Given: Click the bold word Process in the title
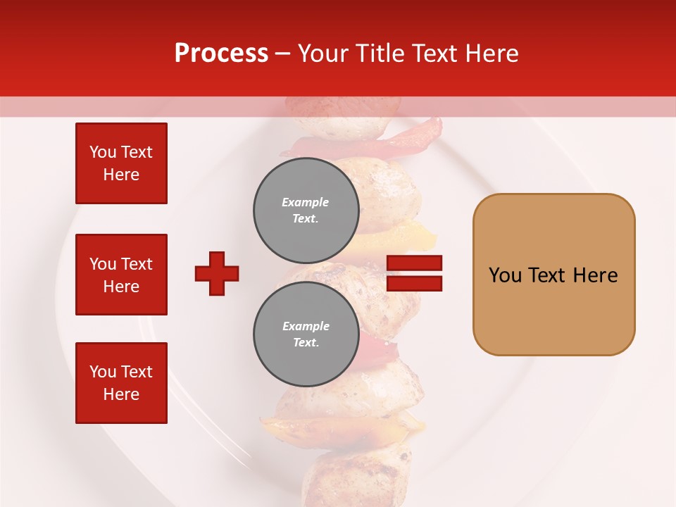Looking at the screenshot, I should tap(221, 54).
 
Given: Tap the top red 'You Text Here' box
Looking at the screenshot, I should tap(121, 163).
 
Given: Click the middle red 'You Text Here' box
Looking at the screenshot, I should tap(121, 275).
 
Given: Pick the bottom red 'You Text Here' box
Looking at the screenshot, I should tap(121, 383).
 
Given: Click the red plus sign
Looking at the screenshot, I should tap(217, 273).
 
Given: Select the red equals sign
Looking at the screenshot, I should tap(414, 273).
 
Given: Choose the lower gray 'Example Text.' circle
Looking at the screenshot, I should tap(306, 334).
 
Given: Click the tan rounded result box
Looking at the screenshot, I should tap(553, 275).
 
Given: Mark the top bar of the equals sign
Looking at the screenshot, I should tap(414, 263).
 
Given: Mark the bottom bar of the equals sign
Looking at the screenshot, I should tap(414, 284).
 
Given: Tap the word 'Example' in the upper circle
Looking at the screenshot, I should tap(306, 202).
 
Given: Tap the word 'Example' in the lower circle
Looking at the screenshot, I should tap(306, 326).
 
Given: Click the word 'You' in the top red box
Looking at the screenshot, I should tap(103, 152).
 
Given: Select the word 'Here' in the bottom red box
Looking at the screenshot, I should tap(121, 395).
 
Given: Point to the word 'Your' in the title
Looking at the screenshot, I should tap(323, 54).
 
